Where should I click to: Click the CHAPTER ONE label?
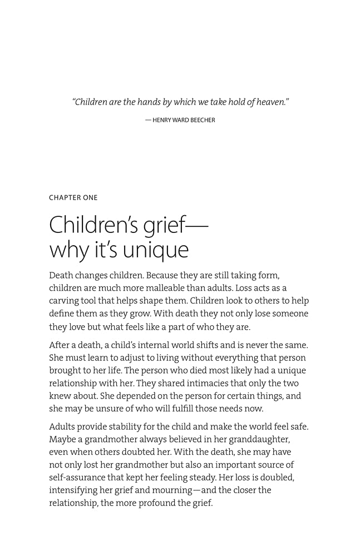[73, 197]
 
